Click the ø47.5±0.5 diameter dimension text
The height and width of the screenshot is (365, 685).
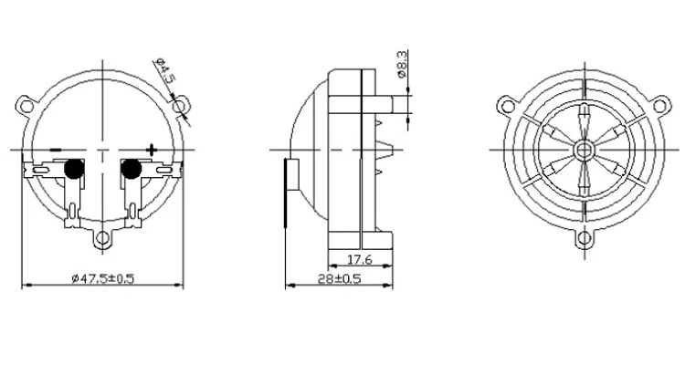click(x=103, y=277)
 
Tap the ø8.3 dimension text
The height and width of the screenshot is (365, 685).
click(x=403, y=64)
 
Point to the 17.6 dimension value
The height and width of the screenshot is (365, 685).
click(x=360, y=260)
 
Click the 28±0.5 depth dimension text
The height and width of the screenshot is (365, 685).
click(x=340, y=278)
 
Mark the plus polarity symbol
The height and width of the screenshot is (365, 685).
click(x=151, y=150)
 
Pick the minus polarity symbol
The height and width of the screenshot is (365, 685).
click(x=56, y=150)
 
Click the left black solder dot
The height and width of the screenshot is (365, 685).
click(x=74, y=168)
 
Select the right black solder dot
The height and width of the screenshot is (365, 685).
click(x=131, y=168)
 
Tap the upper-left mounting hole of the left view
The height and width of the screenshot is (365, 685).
click(x=26, y=106)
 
